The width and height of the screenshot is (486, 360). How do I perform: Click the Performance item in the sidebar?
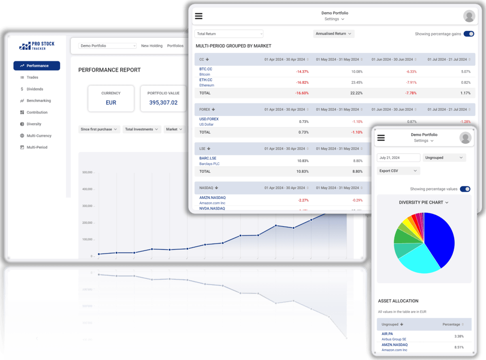[36, 66]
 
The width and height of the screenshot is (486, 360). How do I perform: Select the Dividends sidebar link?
[35, 89]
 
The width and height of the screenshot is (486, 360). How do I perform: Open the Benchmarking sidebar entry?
[38, 101]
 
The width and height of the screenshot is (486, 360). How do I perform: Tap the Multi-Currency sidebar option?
[39, 136]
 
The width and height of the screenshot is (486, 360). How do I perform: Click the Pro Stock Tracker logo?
[37, 46]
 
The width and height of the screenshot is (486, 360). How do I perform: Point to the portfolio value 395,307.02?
[163, 103]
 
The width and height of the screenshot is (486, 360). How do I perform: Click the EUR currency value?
[111, 103]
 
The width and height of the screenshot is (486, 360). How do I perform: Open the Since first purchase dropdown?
[99, 129]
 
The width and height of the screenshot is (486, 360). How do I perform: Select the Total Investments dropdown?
[142, 129]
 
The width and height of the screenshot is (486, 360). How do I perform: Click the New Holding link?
[151, 46]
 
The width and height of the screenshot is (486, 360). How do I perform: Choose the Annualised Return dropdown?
[334, 34]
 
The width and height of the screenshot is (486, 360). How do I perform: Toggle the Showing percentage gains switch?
[469, 34]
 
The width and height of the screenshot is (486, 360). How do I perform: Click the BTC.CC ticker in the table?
[206, 69]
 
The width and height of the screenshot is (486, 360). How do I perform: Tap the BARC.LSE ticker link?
[208, 159]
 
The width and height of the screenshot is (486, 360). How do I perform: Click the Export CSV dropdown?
[398, 171]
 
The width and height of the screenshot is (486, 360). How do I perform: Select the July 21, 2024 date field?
[398, 158]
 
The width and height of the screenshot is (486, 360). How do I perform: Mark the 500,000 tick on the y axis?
[88, 172]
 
